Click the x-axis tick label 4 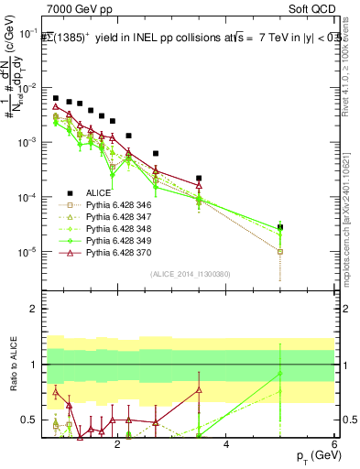[226, 446]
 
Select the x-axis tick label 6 [334, 446]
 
